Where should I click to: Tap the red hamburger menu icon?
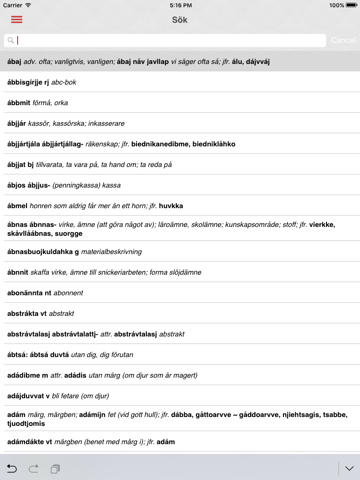tap(17, 20)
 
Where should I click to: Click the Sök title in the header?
tap(180, 20)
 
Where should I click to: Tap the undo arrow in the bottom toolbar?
tap(12, 468)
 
